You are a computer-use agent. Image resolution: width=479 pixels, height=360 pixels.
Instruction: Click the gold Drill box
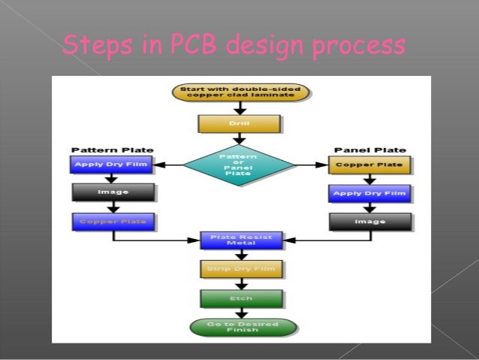(239, 123)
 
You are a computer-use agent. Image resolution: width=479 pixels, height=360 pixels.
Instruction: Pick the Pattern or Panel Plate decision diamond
(239, 164)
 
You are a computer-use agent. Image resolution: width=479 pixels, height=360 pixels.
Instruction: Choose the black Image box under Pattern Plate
(113, 192)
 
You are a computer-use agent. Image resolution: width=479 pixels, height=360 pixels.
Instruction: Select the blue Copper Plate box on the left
(113, 222)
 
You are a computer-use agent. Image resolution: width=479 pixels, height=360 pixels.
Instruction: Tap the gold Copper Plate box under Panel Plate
(369, 165)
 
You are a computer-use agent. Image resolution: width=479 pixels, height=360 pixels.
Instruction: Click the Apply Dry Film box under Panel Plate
(369, 193)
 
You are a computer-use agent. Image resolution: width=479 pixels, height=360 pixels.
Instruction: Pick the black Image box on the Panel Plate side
(369, 222)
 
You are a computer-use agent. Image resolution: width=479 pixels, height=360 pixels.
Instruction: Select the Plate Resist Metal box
(240, 240)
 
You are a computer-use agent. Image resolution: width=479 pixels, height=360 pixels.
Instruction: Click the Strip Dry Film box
(240, 268)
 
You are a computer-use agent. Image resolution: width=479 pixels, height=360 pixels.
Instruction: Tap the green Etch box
(240, 298)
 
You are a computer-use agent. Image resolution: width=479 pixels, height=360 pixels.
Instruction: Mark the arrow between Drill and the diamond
(239, 138)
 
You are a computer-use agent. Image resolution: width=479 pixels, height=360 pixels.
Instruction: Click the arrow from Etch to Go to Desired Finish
(241, 313)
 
